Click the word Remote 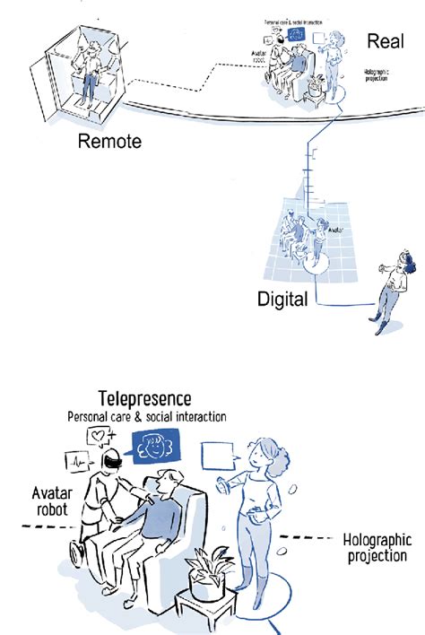tap(109, 141)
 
